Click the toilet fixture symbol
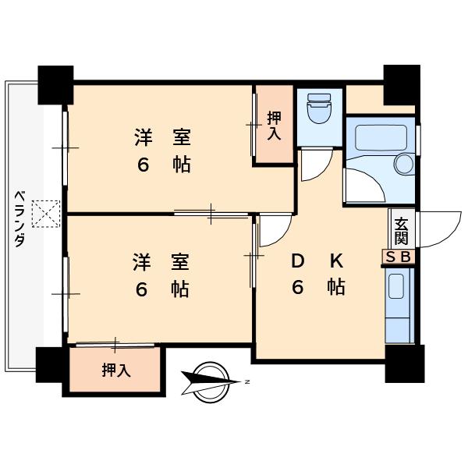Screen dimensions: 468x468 (x=319, y=108)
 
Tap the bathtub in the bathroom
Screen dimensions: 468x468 (x=381, y=138)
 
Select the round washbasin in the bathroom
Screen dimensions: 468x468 (x=404, y=164)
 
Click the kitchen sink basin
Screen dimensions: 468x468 (x=396, y=286)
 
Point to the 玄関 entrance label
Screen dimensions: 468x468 (x=401, y=232)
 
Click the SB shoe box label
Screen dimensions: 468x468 (x=399, y=257)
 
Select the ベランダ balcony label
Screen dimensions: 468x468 (x=19, y=219)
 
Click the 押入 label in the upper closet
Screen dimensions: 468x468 (x=274, y=126)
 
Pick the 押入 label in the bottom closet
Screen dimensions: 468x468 (x=116, y=370)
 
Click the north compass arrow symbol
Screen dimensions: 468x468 (x=211, y=382)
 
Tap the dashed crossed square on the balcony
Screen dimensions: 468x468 (x=46, y=214)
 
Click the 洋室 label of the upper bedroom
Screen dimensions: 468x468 (x=163, y=137)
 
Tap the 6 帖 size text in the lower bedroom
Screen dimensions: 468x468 (x=162, y=289)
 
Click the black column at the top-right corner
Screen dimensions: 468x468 (x=402, y=85)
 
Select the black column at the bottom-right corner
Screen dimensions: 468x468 (x=405, y=363)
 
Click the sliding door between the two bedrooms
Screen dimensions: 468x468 (x=211, y=214)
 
